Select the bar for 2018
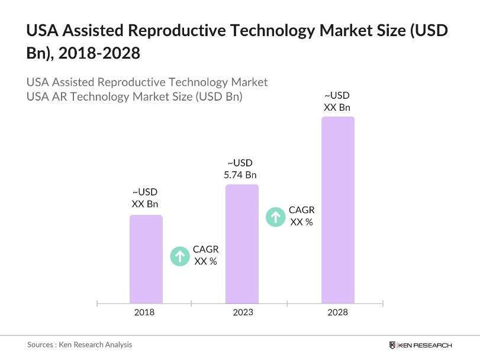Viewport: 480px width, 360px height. point(146,259)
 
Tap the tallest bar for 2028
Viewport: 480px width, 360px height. point(337,210)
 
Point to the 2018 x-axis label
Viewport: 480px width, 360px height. point(144,312)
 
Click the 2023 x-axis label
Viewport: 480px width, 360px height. point(241,312)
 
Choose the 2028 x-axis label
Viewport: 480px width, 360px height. point(337,312)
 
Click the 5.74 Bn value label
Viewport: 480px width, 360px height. point(240,175)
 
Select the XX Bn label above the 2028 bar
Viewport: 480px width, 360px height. point(337,107)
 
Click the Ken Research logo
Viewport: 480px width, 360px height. point(420,345)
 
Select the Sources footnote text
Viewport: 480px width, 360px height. point(79,345)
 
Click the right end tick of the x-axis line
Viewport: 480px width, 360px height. point(384,303)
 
